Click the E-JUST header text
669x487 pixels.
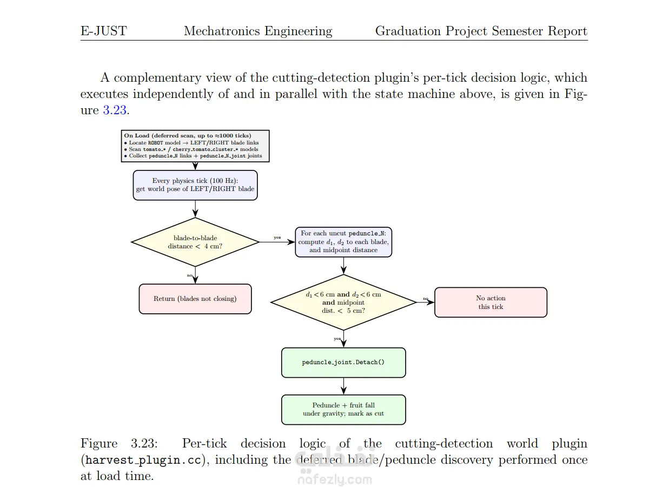tap(104, 31)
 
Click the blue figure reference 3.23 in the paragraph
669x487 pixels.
tap(115, 110)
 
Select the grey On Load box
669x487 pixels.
tap(195, 146)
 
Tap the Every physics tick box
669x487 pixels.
tap(195, 185)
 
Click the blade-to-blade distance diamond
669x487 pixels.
tap(195, 242)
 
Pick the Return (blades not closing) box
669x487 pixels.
tap(195, 299)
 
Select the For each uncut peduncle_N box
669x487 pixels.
tap(343, 242)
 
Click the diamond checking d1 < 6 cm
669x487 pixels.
tap(343, 302)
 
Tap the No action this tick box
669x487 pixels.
tap(491, 302)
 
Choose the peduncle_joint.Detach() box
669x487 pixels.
tap(343, 363)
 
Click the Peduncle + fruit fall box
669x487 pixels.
tap(343, 410)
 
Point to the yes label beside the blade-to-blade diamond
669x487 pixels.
tap(277, 238)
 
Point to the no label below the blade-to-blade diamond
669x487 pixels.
tap(190, 275)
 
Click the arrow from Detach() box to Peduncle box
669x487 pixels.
tap(343, 386)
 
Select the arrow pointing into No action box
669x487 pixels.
tap(426, 302)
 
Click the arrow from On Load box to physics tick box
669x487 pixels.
tap(195, 166)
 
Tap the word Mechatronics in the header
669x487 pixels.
tap(222, 31)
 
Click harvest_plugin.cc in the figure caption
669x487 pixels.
tap(143, 460)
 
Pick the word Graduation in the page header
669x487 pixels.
tap(408, 31)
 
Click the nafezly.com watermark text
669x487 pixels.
tap(335, 480)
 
